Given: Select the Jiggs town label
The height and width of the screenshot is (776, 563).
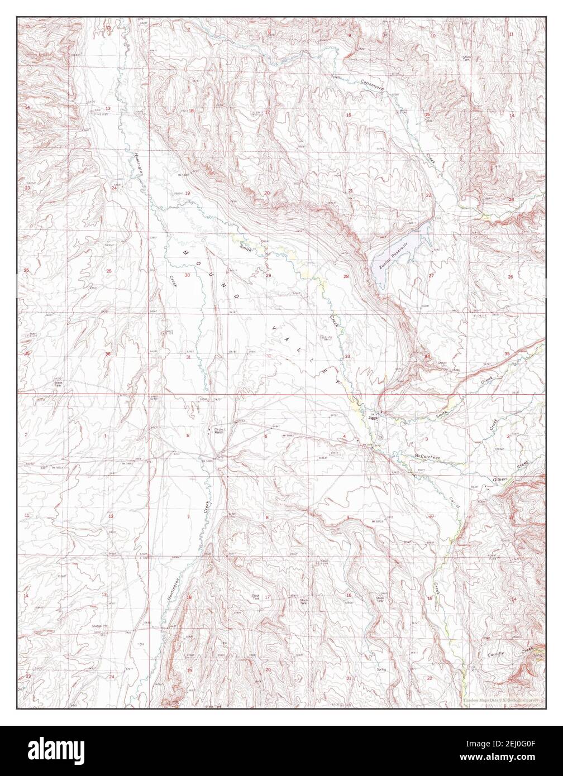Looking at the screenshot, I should [x=373, y=417].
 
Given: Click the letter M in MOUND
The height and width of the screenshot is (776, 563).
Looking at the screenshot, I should [x=185, y=252].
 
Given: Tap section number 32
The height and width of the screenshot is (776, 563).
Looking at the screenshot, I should [x=269, y=356].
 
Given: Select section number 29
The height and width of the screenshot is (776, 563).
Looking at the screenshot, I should [x=268, y=275].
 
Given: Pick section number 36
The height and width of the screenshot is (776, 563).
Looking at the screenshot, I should [x=108, y=354].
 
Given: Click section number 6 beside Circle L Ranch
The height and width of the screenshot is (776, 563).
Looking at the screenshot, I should [x=188, y=435].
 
